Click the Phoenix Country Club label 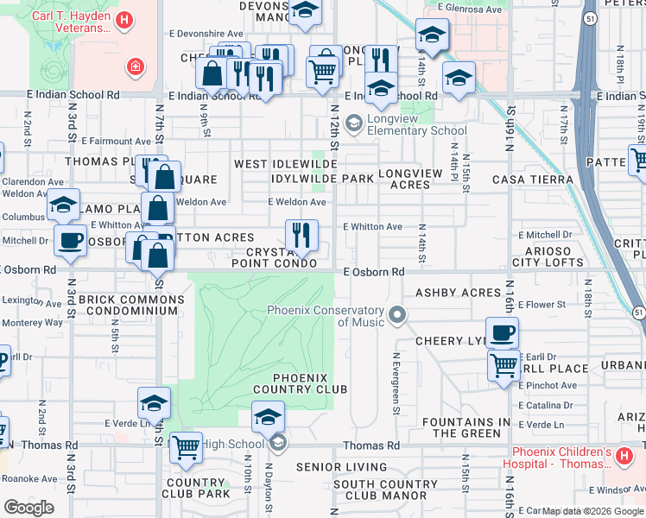point(301,383)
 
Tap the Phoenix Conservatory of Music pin point(397,314)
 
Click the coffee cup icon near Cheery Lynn point(502,332)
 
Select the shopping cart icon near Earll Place point(503,363)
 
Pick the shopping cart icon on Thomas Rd point(187,447)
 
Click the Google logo point(29,508)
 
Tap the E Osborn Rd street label point(374,272)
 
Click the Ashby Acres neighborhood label point(459,293)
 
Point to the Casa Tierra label point(533,180)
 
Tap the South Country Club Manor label point(385,490)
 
